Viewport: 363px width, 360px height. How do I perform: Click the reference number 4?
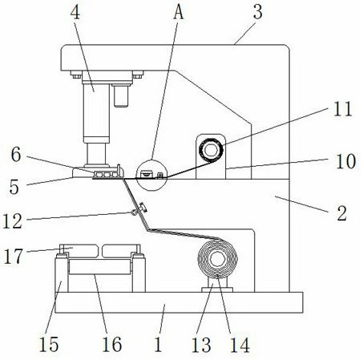coord(75,13)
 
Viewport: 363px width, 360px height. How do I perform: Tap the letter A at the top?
coord(179,13)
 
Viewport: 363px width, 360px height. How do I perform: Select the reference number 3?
coord(258,12)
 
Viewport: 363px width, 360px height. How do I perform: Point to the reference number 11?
coord(343,109)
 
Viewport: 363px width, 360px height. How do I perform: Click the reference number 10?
coord(346,161)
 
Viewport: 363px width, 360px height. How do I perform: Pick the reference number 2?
coord(341,213)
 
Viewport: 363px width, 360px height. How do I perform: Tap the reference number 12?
coord(12,221)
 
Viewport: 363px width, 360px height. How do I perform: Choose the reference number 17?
coord(13,256)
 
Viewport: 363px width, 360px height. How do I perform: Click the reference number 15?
coord(49,344)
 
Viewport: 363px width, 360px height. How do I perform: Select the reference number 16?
coord(112,344)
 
